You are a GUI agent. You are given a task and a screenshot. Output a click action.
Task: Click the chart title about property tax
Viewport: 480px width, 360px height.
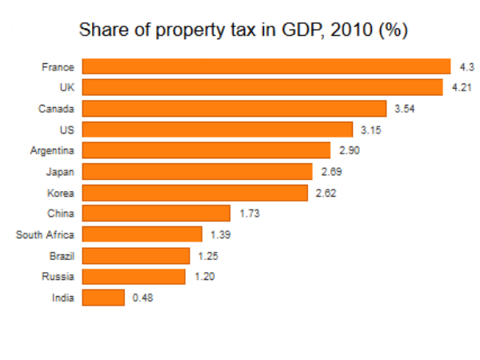[244, 31]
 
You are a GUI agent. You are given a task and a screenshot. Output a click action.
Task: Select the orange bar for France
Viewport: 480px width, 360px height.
[267, 66]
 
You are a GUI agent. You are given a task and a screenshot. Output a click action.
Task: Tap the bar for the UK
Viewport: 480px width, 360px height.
[262, 87]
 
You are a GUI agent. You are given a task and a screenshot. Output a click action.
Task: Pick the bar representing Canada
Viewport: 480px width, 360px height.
[235, 108]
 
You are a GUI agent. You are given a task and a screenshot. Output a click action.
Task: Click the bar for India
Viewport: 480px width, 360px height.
[104, 298]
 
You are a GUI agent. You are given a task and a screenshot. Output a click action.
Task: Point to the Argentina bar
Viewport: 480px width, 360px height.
[206, 150]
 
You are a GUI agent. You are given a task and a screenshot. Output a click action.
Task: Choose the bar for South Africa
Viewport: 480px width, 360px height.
[142, 234]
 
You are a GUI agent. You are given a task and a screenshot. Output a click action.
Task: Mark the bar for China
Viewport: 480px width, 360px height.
[157, 213]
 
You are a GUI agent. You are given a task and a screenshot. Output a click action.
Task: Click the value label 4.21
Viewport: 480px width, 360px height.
[459, 87]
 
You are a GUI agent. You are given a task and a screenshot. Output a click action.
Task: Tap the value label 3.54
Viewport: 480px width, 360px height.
[406, 108]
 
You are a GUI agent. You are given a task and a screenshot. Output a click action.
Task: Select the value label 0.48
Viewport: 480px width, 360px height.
[142, 298]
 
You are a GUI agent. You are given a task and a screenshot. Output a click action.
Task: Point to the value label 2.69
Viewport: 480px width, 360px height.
[331, 171]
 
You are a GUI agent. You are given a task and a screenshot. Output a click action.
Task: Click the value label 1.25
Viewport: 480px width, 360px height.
[208, 255]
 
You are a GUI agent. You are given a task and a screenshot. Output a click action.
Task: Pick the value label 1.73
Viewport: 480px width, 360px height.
[250, 213]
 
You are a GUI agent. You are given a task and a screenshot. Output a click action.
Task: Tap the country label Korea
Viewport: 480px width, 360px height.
[62, 192]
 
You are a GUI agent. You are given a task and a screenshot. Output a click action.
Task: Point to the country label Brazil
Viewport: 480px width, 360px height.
[62, 255]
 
